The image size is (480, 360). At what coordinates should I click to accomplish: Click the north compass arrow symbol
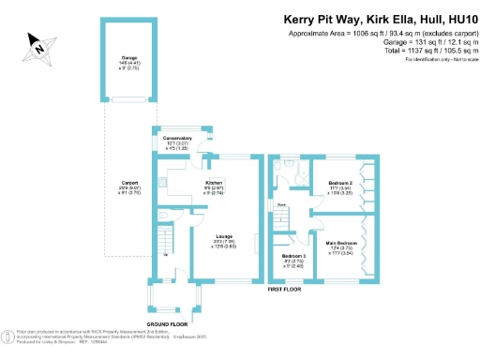tap(39, 43)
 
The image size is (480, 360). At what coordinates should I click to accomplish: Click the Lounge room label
tap(224, 236)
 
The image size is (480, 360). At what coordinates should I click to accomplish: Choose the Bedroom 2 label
tap(340, 182)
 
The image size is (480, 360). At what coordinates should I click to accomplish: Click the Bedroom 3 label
tap(292, 255)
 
